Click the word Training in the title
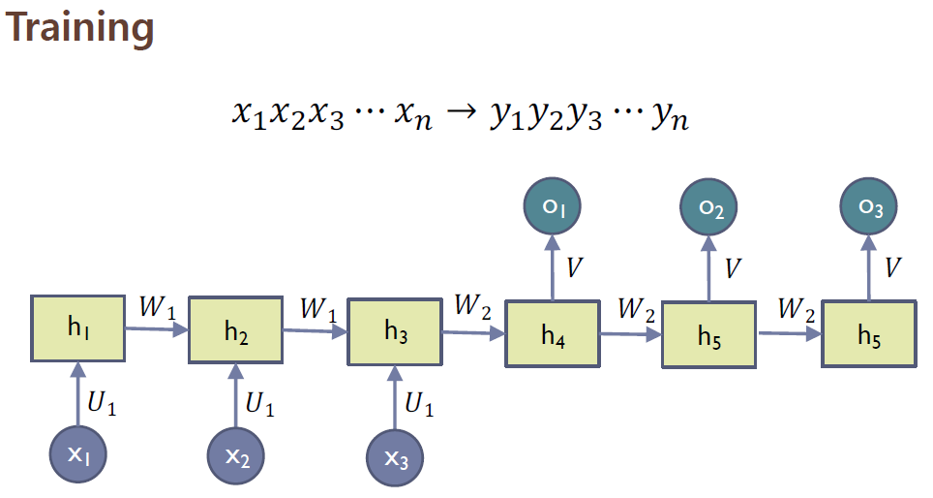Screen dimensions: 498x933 pyautogui.click(x=80, y=28)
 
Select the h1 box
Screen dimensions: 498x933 pyautogui.click(x=78, y=328)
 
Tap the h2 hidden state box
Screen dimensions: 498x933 pyautogui.click(x=235, y=331)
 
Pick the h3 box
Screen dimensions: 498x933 pyautogui.click(x=394, y=331)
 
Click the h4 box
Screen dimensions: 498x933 pyautogui.click(x=553, y=335)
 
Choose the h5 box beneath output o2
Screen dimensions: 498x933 pyautogui.click(x=709, y=335)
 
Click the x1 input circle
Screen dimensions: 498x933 pyautogui.click(x=77, y=453)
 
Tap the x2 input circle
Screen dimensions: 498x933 pyautogui.click(x=235, y=455)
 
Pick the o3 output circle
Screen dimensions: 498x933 pyautogui.click(x=868, y=207)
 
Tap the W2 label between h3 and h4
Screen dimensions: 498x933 pyautogui.click(x=473, y=308)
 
